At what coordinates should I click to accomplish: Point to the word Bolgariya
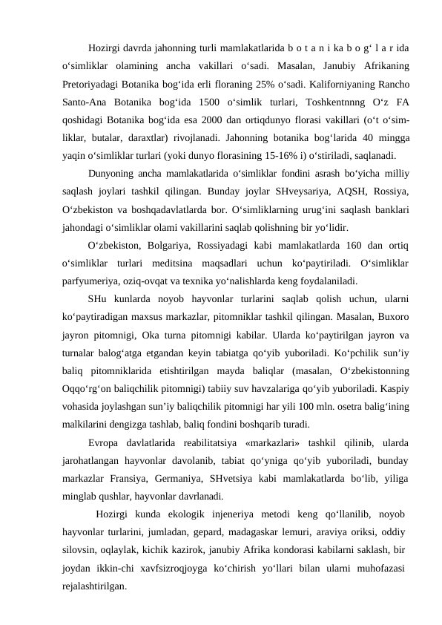(168, 246)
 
